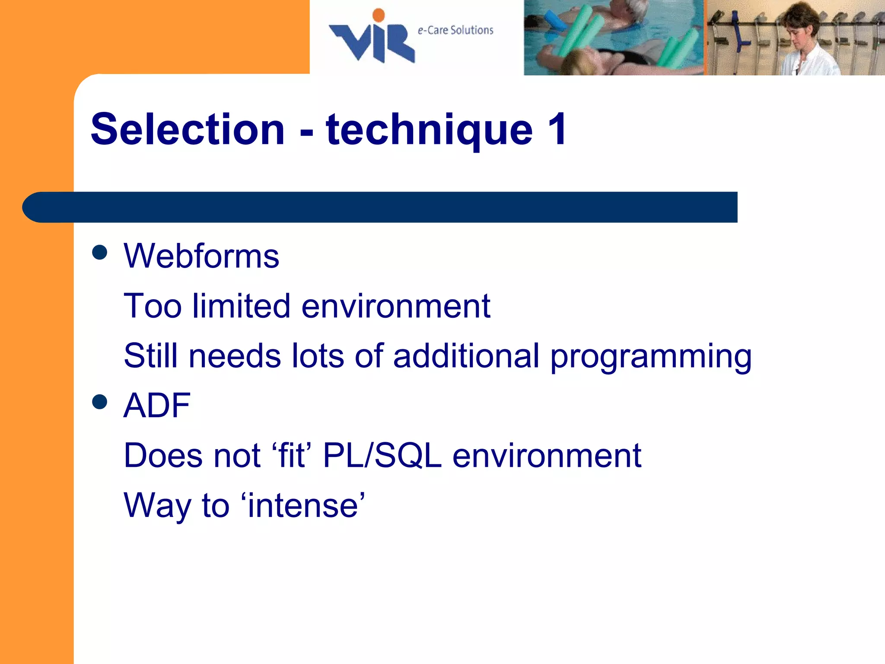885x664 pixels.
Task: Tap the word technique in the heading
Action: coord(430,130)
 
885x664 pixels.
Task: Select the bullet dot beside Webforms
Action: coord(100,252)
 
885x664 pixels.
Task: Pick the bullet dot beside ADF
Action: coord(100,402)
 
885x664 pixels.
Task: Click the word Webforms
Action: coord(201,256)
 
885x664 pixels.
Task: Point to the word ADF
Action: coord(157,405)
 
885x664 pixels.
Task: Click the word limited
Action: coord(241,306)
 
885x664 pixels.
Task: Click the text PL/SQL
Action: coord(382,456)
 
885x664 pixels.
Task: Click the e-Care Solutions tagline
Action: coord(455,30)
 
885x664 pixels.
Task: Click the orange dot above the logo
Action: coord(379,15)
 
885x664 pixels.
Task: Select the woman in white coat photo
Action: coord(795,38)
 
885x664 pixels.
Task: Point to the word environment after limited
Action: coord(395,306)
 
